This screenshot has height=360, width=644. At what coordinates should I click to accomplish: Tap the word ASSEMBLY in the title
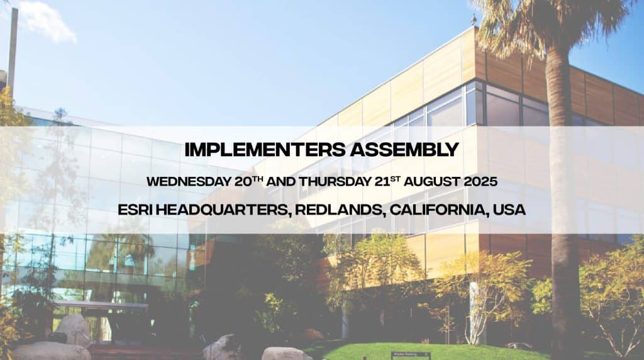click(x=404, y=150)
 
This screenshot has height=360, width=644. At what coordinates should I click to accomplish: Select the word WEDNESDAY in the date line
click(x=189, y=182)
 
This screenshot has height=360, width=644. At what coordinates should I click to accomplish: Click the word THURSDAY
click(x=335, y=182)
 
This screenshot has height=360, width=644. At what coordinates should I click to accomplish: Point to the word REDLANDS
click(x=341, y=210)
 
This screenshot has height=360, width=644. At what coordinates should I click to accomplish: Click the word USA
click(x=509, y=210)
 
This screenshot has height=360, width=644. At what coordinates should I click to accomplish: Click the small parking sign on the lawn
click(x=410, y=354)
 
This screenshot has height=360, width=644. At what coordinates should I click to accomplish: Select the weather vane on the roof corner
click(x=474, y=20)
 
